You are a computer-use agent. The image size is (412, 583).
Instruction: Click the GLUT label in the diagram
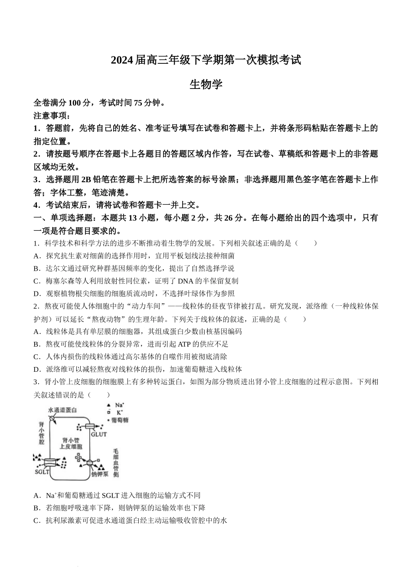99,434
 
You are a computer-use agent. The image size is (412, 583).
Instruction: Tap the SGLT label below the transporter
42,472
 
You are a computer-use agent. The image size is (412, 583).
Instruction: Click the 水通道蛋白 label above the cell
62,410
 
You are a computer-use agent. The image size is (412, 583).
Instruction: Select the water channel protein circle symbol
52,419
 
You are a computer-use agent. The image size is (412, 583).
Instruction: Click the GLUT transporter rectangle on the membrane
93,427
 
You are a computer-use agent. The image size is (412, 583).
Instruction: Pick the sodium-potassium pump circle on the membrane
90,462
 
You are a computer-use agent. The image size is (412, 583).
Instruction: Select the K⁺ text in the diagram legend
120,413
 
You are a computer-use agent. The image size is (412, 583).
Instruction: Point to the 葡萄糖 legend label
119,420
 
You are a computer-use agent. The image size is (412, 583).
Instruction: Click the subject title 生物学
206,84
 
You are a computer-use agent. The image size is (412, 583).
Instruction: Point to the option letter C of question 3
36,521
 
